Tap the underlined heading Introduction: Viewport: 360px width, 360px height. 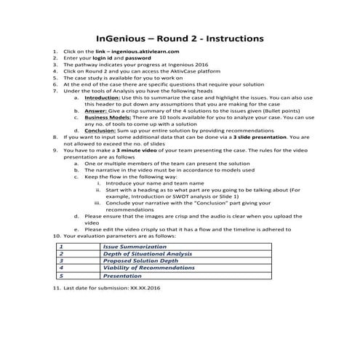[x=105, y=96]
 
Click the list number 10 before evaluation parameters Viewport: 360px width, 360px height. [x=57, y=236]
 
